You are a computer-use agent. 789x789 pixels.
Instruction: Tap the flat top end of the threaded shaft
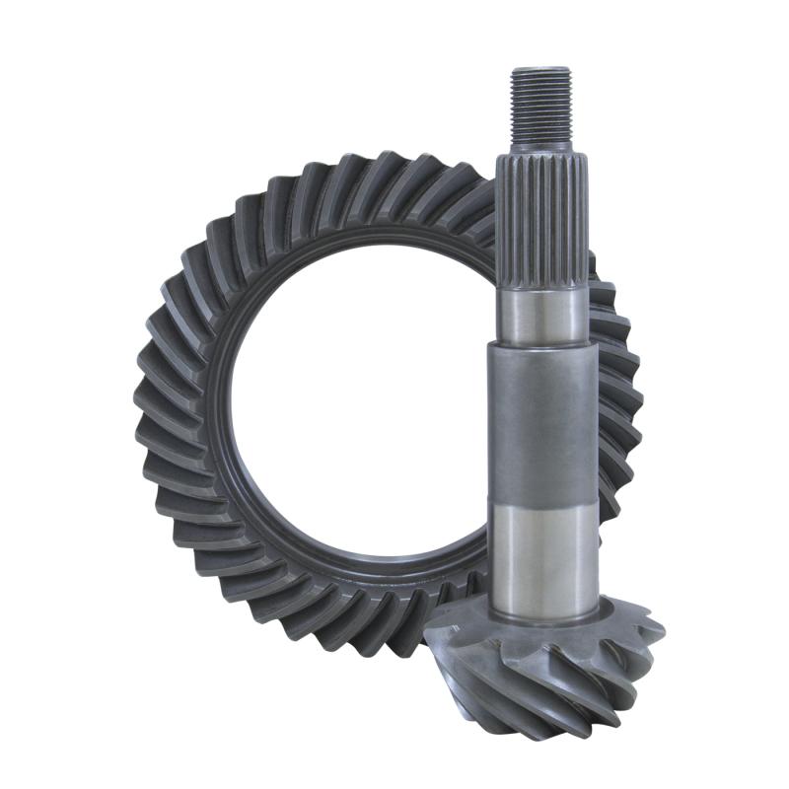click(x=540, y=69)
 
